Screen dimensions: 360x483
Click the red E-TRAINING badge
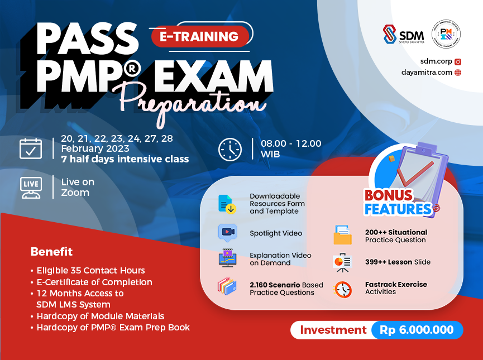click(199, 37)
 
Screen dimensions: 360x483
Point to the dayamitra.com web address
click(425, 72)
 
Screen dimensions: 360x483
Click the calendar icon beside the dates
click(31, 149)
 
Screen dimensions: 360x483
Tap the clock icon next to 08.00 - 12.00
click(229, 150)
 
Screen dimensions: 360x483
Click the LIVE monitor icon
click(31, 188)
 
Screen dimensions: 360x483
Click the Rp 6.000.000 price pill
click(417, 330)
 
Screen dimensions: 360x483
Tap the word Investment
click(333, 330)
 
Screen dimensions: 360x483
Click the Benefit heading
click(51, 251)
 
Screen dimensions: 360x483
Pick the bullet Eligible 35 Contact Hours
click(90, 270)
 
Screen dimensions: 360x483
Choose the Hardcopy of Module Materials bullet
click(100, 316)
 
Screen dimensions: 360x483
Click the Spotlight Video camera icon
click(227, 232)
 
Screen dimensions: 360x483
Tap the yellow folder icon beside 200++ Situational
click(342, 235)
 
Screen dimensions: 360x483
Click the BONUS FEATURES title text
click(398, 203)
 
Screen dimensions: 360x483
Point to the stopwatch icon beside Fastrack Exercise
click(342, 289)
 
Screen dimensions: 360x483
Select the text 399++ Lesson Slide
click(398, 262)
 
